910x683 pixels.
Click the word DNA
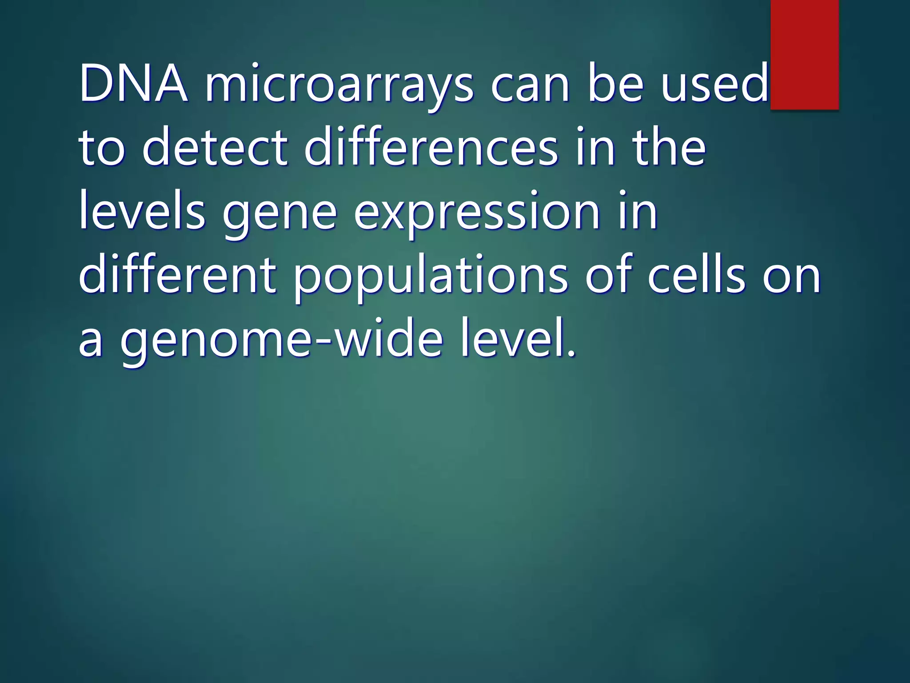[133, 84]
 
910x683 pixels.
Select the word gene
[279, 215]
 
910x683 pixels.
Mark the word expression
[477, 215]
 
